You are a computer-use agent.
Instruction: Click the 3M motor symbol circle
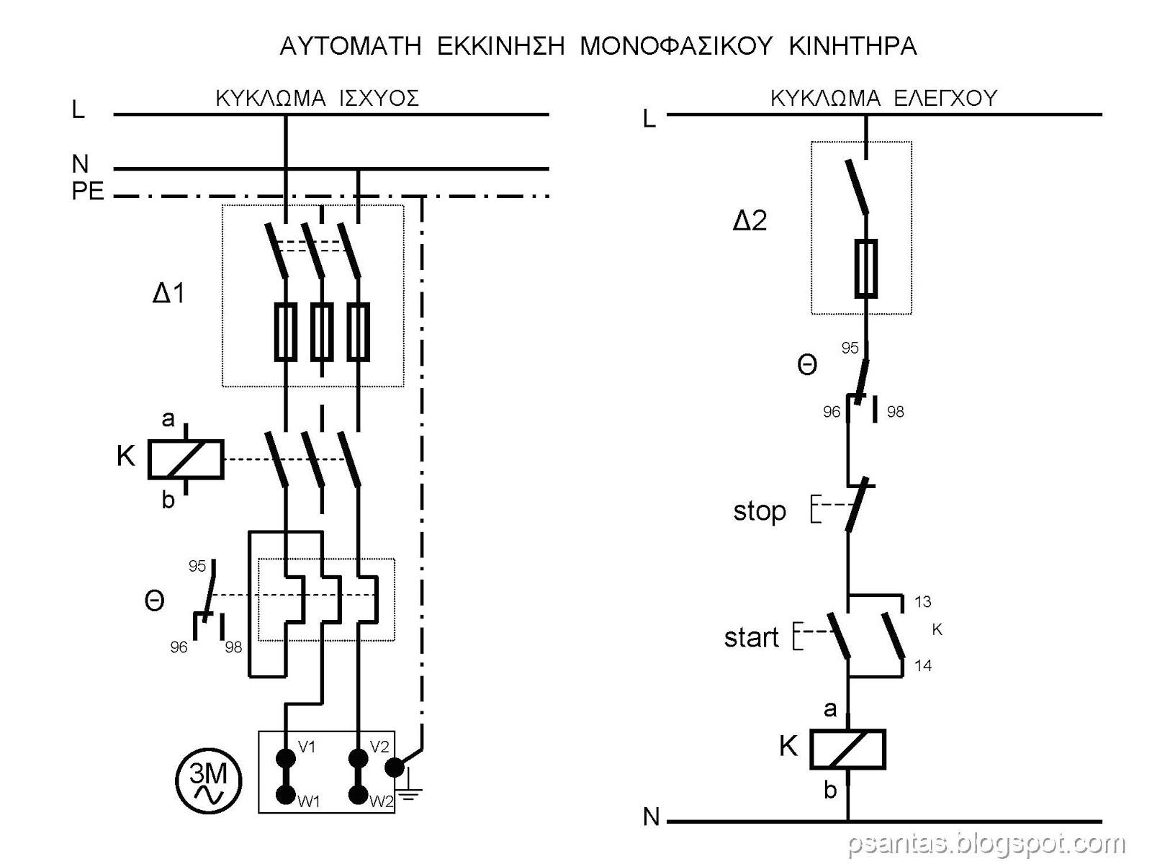[x=209, y=782]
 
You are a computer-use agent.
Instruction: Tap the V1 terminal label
[x=307, y=747]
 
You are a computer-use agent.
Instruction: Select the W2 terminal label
[x=382, y=801]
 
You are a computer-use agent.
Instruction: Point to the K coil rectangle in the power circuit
[x=186, y=459]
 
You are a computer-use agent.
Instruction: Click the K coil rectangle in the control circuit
[x=847, y=749]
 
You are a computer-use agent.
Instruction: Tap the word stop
[x=760, y=511]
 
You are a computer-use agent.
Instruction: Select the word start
[x=752, y=637]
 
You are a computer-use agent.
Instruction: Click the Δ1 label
[x=169, y=293]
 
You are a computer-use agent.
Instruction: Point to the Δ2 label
[x=750, y=220]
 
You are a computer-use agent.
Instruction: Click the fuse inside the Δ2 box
[x=865, y=269]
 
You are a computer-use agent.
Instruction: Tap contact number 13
[x=923, y=602]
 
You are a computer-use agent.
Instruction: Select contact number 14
[x=923, y=665]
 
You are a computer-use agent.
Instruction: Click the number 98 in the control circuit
[x=895, y=412]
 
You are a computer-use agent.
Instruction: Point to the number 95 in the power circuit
[x=197, y=566]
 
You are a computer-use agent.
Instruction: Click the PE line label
[x=88, y=192]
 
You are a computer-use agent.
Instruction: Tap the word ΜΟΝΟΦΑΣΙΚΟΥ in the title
[x=676, y=46]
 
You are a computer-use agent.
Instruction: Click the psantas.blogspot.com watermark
[x=986, y=842]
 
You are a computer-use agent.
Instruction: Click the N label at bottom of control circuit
[x=651, y=816]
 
